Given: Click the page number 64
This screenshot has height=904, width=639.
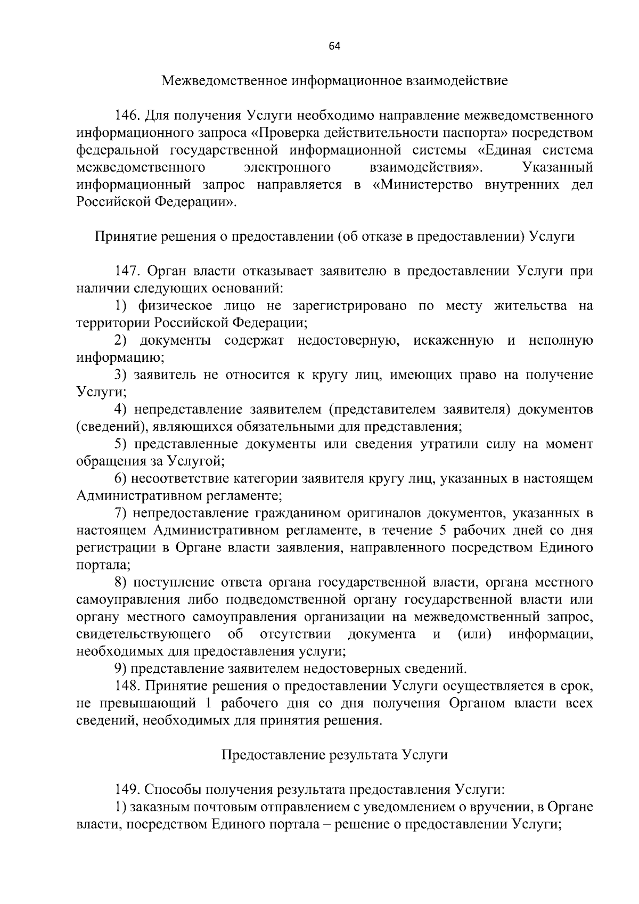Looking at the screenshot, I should (x=334, y=46).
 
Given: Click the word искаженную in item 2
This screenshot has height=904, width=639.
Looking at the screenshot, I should (x=453, y=340).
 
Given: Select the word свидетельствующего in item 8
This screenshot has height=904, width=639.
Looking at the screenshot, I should (x=143, y=634).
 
